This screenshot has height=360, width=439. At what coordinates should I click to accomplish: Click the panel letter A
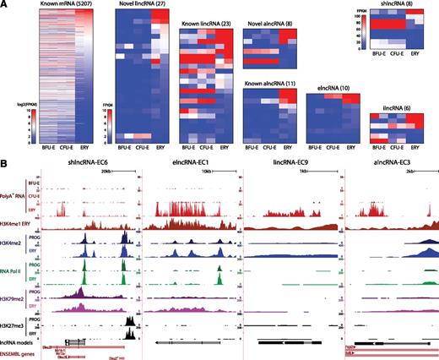tap(5, 5)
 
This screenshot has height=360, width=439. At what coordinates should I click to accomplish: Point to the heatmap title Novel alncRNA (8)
tap(269, 21)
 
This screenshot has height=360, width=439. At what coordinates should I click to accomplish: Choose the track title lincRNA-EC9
tap(292, 161)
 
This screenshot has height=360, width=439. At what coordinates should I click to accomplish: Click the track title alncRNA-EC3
tap(391, 161)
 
